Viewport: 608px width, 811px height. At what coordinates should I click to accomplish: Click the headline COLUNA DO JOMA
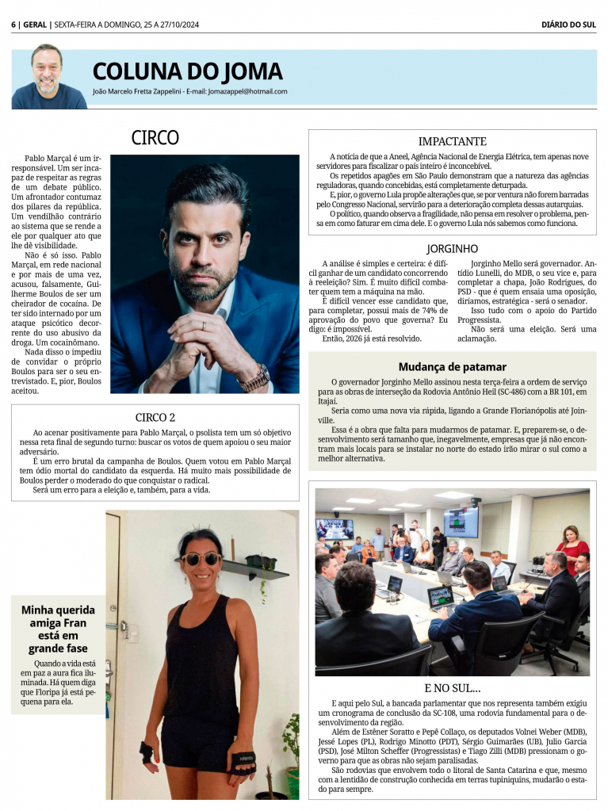[x=187, y=71]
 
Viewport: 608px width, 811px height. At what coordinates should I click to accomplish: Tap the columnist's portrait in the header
[x=48, y=78]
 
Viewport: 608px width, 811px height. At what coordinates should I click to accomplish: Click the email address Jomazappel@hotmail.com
[x=247, y=91]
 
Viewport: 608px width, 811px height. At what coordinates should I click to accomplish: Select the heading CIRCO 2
[x=155, y=418]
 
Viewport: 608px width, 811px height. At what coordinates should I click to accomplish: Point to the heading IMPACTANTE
[x=452, y=141]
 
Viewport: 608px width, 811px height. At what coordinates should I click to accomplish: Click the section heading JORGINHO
[x=452, y=249]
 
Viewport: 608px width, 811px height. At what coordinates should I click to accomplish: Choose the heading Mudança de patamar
[x=452, y=367]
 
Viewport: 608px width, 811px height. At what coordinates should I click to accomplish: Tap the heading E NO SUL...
[x=452, y=687]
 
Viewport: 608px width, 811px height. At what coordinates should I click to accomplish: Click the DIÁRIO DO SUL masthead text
[x=568, y=25]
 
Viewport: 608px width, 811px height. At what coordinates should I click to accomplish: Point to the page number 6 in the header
[x=14, y=25]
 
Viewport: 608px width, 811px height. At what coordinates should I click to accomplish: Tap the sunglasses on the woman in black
[x=201, y=558]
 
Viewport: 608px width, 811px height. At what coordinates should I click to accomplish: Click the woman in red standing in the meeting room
[x=572, y=547]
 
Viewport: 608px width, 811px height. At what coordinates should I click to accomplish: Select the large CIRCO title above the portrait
[x=155, y=138]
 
